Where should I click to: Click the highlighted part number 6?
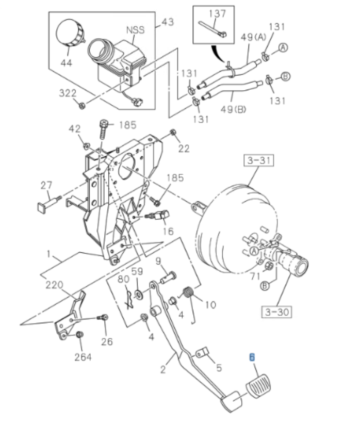click(252, 357)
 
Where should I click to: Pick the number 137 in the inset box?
click(217, 13)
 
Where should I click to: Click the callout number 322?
click(67, 94)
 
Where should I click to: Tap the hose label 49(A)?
click(254, 37)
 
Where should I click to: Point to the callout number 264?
click(82, 356)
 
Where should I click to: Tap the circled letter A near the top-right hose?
click(283, 47)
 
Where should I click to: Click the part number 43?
click(168, 22)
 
